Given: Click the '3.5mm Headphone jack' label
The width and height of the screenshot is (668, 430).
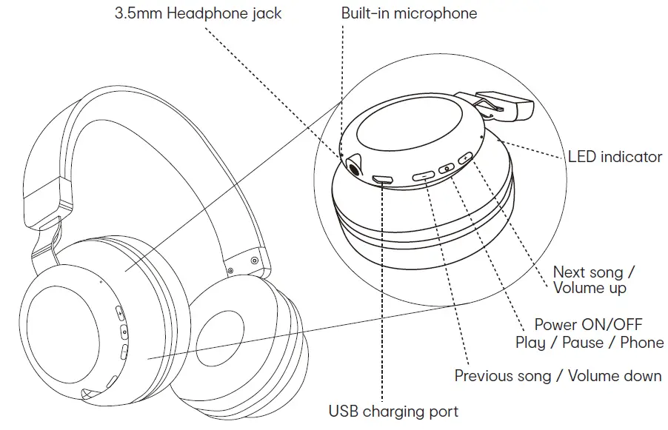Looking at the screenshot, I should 198,13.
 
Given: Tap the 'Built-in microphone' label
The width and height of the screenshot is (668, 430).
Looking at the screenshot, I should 409,13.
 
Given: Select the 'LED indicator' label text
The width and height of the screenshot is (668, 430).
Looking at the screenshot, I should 615,157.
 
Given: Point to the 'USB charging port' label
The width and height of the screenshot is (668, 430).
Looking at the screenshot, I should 393,411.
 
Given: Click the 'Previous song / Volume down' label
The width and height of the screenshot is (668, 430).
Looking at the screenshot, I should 558,376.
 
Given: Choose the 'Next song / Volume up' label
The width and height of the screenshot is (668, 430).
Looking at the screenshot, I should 594,280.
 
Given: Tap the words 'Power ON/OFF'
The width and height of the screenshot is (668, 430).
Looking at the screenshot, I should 588,325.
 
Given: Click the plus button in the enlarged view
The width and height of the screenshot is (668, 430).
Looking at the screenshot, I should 465,158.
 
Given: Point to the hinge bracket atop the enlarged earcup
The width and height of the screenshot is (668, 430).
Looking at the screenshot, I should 503,106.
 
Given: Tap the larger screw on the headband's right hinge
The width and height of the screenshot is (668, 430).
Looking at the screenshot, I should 254,260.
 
